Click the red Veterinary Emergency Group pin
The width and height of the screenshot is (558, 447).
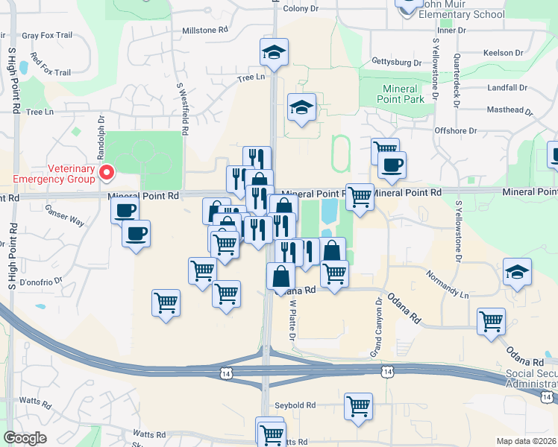[106, 174]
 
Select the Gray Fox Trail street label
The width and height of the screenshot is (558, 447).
[46, 35]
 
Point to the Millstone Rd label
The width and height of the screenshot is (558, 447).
[204, 31]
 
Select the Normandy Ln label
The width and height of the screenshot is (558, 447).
[448, 285]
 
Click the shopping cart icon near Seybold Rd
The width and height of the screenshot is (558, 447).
[359, 407]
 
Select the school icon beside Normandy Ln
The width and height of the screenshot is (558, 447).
[517, 273]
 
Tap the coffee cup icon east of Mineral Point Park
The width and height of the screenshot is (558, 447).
[391, 165]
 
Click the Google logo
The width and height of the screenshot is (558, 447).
[25, 438]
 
